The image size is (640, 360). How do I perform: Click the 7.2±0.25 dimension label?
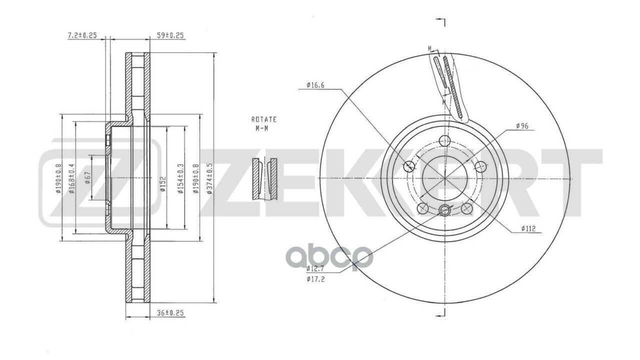click(82, 35)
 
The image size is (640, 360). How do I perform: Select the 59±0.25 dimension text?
click(171, 35)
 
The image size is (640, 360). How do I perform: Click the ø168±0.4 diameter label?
click(72, 178)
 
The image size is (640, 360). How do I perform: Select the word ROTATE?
click(263, 120)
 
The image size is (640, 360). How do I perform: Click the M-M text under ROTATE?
click(263, 128)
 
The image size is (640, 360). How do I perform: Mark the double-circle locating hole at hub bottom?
click(444, 210)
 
